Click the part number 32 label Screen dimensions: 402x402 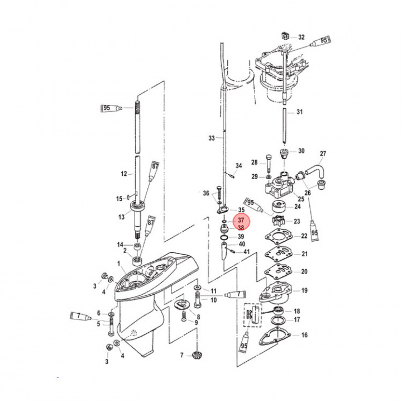301,37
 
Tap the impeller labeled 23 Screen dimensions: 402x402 278,221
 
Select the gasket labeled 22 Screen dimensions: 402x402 279,236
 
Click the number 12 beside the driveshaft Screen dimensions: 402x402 124,174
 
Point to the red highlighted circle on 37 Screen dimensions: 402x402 241,222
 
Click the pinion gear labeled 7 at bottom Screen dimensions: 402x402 197,355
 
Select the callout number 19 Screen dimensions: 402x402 304,290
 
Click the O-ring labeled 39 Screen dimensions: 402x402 224,238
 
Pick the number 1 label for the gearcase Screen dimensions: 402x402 119,264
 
